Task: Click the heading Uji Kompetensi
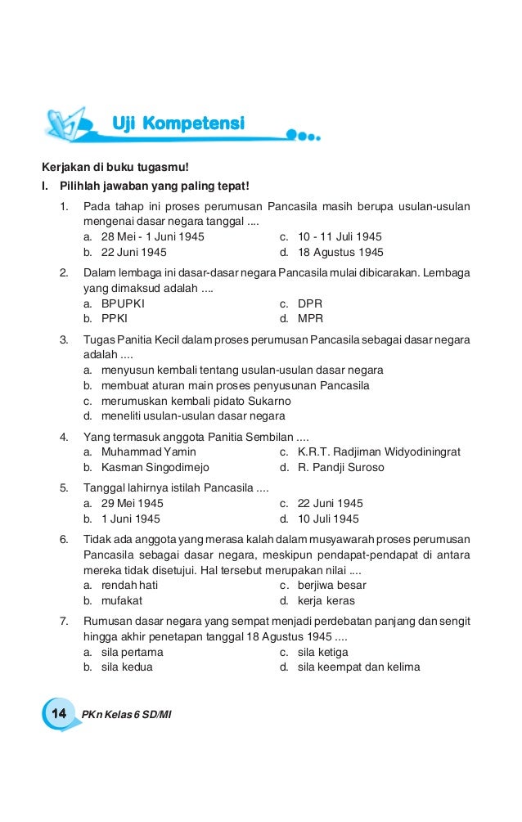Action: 178,124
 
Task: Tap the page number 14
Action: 59,714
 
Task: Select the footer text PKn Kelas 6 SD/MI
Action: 127,715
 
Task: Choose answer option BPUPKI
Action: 123,303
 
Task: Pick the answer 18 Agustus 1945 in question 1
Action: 341,253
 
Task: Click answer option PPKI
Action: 115,319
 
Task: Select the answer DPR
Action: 310,303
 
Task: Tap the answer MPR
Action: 311,319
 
